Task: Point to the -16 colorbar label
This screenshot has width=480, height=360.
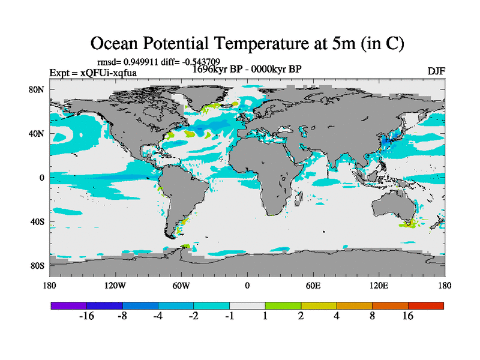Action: pyautogui.click(x=87, y=316)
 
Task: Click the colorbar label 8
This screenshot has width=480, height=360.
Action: pyautogui.click(x=373, y=316)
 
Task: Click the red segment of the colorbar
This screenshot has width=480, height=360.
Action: pyautogui.click(x=426, y=305)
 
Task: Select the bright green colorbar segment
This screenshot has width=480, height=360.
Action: pyautogui.click(x=283, y=305)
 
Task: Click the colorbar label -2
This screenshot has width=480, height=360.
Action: pyautogui.click(x=194, y=316)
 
